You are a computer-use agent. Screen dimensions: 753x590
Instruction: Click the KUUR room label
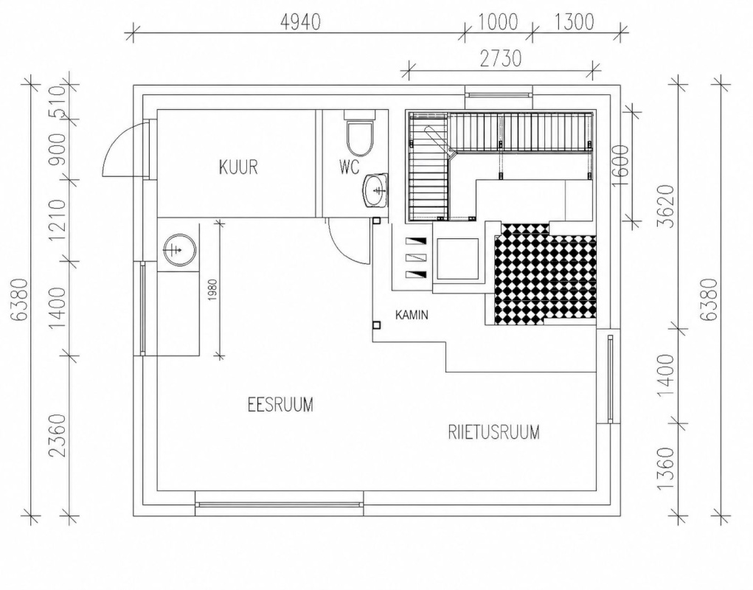pyautogui.click(x=239, y=167)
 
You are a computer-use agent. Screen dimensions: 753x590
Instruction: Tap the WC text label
pyautogui.click(x=349, y=167)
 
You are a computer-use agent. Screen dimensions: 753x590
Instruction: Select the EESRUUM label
pyautogui.click(x=280, y=404)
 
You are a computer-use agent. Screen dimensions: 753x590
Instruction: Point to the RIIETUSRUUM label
pyautogui.click(x=493, y=432)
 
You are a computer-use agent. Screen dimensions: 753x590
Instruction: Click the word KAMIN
pyautogui.click(x=412, y=315)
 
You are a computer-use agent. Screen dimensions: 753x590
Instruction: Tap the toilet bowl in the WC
pyautogui.click(x=359, y=135)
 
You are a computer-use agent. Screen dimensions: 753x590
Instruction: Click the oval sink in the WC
pyautogui.click(x=375, y=190)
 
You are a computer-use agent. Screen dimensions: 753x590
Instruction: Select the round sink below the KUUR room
pyautogui.click(x=178, y=249)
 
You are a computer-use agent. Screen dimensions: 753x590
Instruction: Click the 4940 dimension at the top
pyautogui.click(x=300, y=22)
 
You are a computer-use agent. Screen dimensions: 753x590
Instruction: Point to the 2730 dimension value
pyautogui.click(x=501, y=58)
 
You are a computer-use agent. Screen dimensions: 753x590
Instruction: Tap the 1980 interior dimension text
pyautogui.click(x=213, y=291)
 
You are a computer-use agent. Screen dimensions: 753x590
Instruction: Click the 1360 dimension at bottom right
pyautogui.click(x=667, y=468)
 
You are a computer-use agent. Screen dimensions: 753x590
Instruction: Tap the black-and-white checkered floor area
pyautogui.click(x=545, y=274)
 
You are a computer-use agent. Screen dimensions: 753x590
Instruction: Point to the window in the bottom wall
pyautogui.click(x=279, y=504)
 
